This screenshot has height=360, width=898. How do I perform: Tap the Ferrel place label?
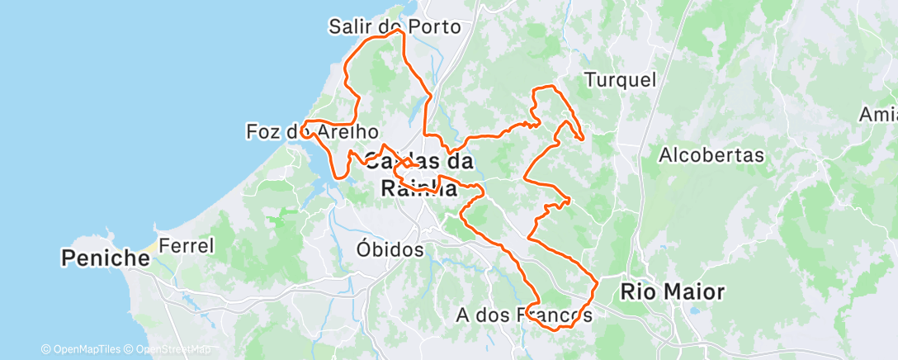tap(187, 245)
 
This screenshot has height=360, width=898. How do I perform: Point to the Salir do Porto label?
tap(395, 26)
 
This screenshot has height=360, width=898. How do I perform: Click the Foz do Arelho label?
tap(313, 131)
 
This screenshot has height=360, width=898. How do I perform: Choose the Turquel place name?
tap(620, 80)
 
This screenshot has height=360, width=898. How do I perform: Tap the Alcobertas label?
tap(712, 154)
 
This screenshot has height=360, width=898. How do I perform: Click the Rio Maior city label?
tap(672, 291)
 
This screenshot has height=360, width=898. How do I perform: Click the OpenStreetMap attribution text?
tap(168, 350)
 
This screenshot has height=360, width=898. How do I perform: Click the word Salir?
tap(347, 26)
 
